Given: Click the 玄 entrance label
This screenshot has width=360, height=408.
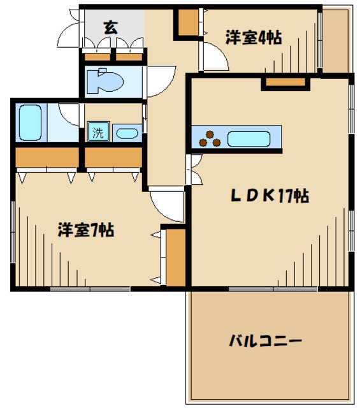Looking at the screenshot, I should click(111, 27).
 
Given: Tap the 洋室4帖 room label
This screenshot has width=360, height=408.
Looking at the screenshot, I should click(253, 38).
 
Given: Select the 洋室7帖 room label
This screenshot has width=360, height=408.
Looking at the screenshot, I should click(85, 229).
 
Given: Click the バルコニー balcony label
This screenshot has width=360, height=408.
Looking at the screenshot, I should click(266, 341).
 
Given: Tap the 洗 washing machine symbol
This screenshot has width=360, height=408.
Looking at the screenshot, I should click(98, 133).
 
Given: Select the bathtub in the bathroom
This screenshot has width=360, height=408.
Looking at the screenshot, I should click(30, 122).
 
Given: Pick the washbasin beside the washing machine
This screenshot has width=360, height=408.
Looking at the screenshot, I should click(126, 134).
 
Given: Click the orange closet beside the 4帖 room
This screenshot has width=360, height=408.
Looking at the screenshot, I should click(188, 23).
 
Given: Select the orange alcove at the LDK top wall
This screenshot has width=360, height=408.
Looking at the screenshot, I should click(285, 81).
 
